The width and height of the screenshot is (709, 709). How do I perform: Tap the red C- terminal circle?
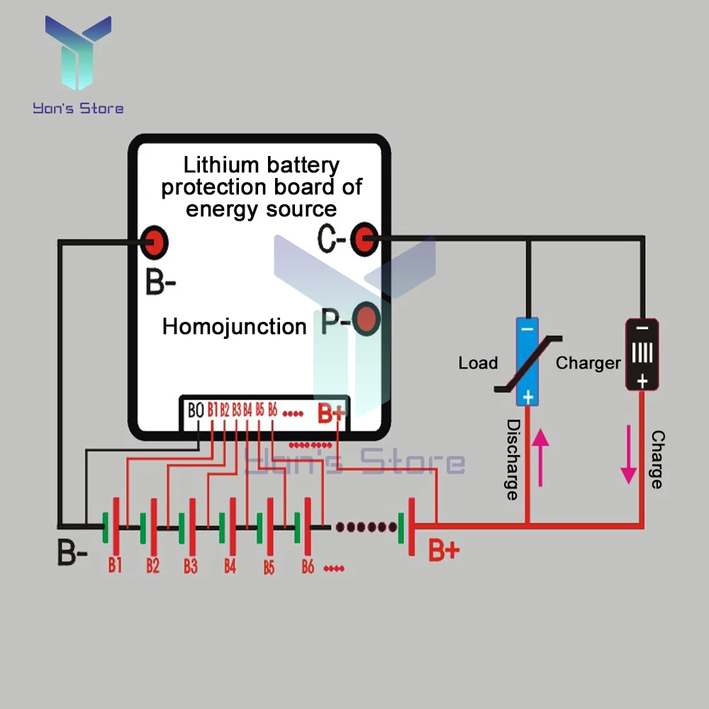point(365,240)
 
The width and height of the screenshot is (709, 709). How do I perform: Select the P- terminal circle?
point(366,320)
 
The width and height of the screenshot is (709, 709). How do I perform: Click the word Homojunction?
point(234,327)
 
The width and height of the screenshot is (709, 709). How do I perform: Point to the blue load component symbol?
point(527,362)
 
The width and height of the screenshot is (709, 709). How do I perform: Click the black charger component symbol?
point(642,354)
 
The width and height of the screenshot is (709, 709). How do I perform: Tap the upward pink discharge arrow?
point(540,457)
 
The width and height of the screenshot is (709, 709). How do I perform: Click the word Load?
point(478,363)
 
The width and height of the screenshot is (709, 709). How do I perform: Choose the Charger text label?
point(588,363)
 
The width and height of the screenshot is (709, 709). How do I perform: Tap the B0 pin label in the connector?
point(196,410)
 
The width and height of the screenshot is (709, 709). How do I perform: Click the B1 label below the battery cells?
point(115,565)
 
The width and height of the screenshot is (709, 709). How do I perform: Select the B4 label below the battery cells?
point(230,566)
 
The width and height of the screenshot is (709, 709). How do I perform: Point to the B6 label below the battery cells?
point(308,566)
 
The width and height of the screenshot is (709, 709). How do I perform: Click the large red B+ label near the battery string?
point(444,550)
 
